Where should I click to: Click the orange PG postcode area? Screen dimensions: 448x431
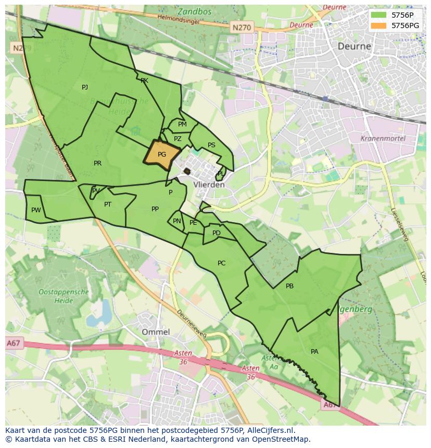coord(161,155)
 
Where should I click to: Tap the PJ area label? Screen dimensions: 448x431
coord(85,87)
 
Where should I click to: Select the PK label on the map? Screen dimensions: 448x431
coord(144,81)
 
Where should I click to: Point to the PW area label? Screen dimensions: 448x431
coord(36,210)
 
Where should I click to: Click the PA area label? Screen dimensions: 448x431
coord(314,352)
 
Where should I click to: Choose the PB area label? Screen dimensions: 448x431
coord(289,286)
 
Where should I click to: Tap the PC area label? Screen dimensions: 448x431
coord(221,263)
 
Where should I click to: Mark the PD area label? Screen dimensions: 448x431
coord(217,233)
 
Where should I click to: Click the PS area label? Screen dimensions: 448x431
coord(211,145)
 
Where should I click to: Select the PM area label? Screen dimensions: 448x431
coord(182,124)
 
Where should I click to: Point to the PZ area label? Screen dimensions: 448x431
coord(178,139)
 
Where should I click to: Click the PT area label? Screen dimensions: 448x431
coord(108,204)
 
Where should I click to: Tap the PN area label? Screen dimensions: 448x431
coord(177,221)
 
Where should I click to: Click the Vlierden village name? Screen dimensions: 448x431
coord(209,185)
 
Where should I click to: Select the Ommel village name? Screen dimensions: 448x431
coord(156,331)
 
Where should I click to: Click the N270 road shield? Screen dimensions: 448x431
coord(242,27)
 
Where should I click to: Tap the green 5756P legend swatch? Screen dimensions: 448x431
coord(378,15)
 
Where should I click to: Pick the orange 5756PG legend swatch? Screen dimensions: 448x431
coord(378,25)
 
